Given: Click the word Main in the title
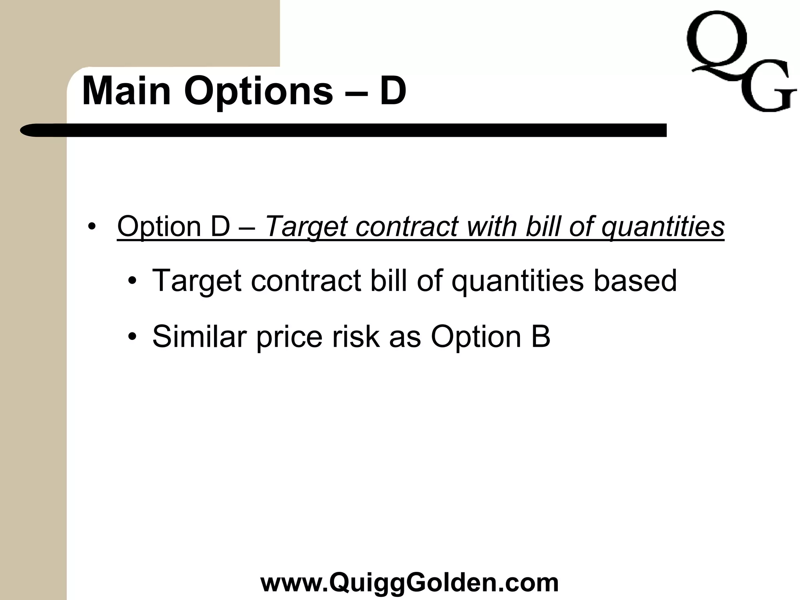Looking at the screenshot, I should [126, 91].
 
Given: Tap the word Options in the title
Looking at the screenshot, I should [258, 91].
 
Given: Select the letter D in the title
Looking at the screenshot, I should [393, 91].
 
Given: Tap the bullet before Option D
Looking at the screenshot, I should [92, 227].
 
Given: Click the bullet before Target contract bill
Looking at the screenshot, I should [133, 281].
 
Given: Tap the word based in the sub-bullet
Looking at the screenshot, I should [635, 280].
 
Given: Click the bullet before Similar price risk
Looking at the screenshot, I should [133, 336].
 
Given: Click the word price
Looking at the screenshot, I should [289, 337].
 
